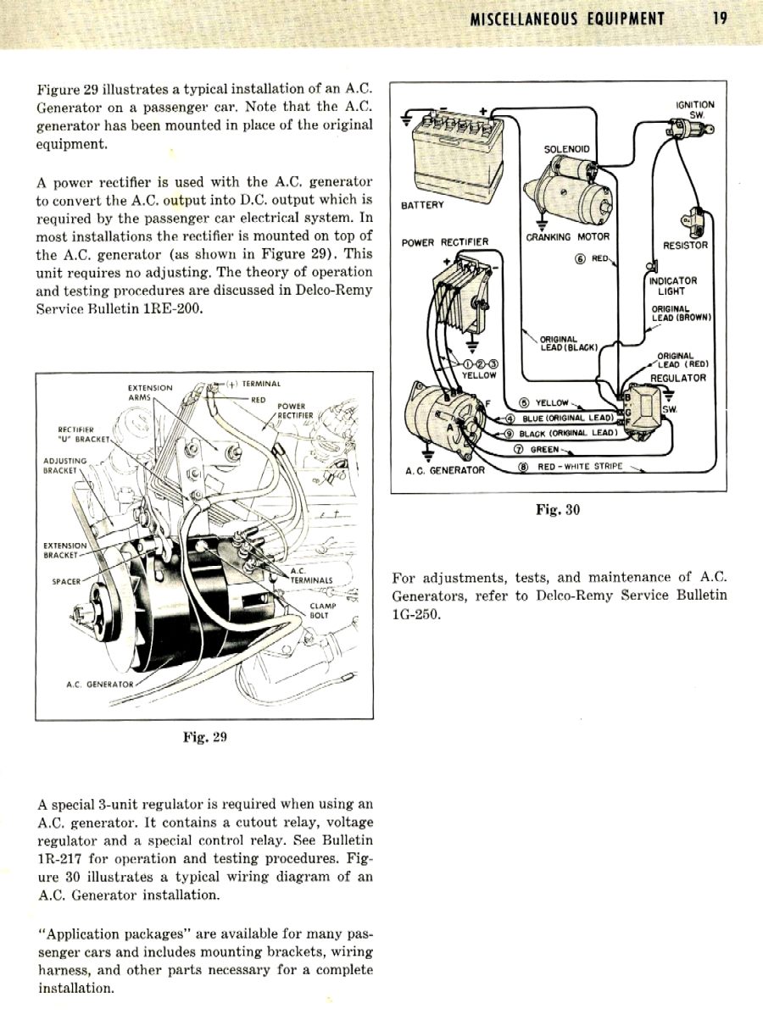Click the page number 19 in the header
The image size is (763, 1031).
[719, 19]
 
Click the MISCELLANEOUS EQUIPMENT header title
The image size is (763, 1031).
[567, 19]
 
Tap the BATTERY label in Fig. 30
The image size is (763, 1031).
[422, 204]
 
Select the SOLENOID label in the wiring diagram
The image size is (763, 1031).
[566, 149]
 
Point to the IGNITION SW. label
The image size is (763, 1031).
[694, 110]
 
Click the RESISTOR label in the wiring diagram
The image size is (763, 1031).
[685, 246]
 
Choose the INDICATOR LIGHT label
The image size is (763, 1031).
[673, 285]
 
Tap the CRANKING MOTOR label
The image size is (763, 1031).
[567, 237]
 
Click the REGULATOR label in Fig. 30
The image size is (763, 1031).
[677, 378]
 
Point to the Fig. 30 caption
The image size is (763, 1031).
[557, 510]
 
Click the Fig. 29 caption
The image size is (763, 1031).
[205, 737]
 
